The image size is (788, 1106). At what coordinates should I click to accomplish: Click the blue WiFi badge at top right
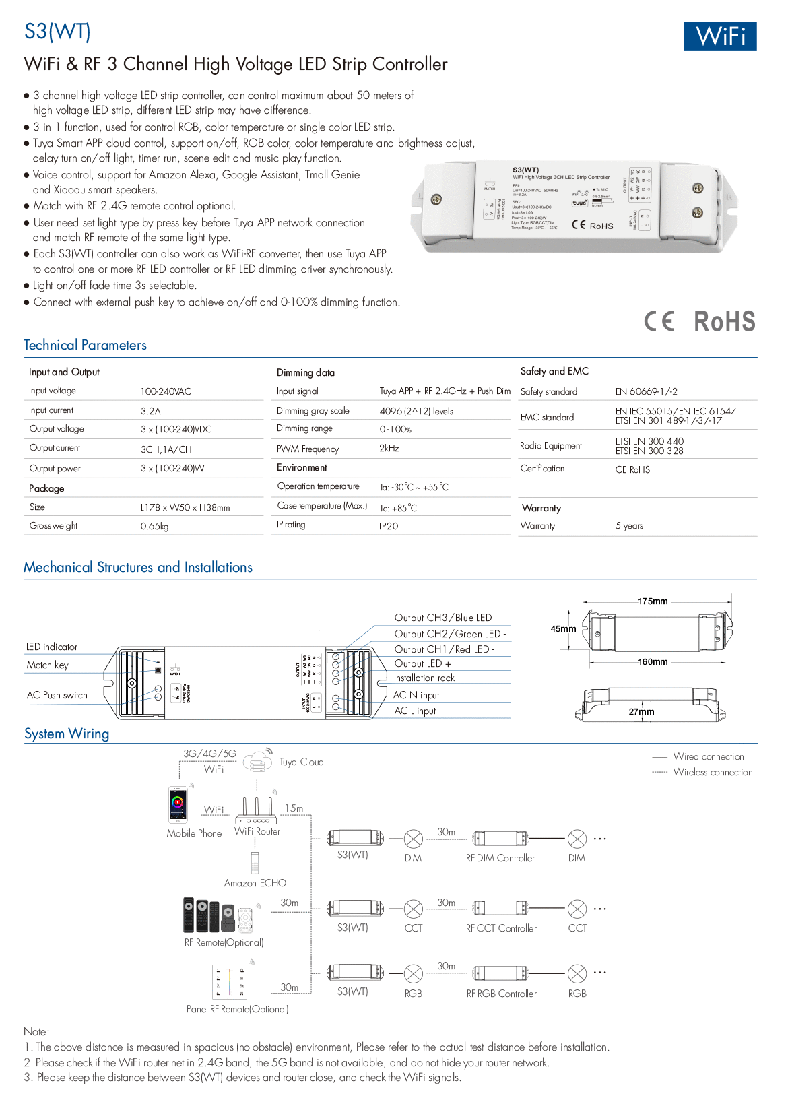(x=719, y=36)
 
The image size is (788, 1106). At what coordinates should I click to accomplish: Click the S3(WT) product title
(x=57, y=32)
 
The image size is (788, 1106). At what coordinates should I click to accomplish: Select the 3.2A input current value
(x=151, y=411)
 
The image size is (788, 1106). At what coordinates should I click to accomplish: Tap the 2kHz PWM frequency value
(x=389, y=449)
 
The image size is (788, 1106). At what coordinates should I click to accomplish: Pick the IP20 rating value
(x=389, y=526)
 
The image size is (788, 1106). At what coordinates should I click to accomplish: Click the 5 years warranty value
(x=629, y=526)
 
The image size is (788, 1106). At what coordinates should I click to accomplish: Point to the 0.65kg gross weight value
(x=154, y=527)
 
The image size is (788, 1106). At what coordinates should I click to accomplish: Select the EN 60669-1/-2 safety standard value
(x=646, y=392)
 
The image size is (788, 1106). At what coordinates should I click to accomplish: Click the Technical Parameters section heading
(x=85, y=346)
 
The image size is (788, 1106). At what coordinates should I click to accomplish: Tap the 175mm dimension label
(x=653, y=601)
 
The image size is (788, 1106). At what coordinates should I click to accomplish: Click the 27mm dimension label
(x=641, y=712)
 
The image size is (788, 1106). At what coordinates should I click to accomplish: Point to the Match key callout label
(x=47, y=665)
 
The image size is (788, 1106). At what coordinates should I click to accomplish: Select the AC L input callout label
(x=415, y=711)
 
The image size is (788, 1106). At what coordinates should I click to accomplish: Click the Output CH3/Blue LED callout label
(x=445, y=618)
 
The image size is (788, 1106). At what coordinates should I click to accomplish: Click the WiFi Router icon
(x=256, y=810)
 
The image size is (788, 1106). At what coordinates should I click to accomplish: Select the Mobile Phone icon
(x=178, y=805)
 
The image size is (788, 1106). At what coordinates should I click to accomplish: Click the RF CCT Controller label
(x=501, y=928)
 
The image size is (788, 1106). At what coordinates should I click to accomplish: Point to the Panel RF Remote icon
(x=230, y=982)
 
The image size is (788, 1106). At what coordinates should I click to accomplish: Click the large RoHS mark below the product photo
(x=724, y=322)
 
